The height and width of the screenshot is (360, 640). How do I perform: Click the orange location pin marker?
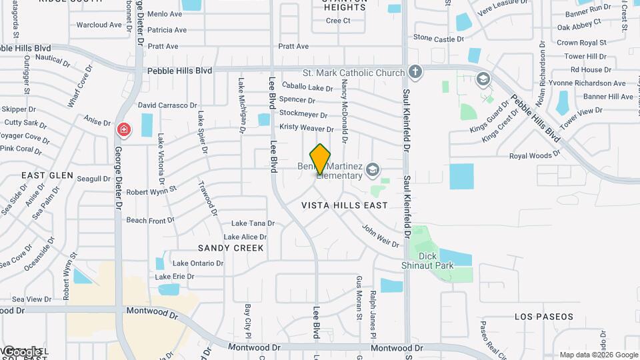[320, 159]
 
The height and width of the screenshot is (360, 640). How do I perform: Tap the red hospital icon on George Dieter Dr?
[123, 129]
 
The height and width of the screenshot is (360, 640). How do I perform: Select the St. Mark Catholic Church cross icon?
[415, 72]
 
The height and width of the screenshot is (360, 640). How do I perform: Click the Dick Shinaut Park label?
[437, 261]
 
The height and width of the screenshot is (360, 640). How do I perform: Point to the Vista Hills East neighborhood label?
[344, 205]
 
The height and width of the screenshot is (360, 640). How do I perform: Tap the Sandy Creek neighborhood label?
[231, 247]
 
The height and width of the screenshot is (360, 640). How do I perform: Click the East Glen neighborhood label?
[47, 175]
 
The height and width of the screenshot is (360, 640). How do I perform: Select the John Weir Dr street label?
[380, 235]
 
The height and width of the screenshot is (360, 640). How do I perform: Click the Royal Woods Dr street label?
[535, 155]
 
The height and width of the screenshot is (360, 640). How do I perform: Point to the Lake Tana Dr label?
[253, 223]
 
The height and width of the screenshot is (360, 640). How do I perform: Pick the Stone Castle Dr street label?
[439, 39]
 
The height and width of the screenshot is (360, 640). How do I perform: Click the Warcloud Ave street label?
[99, 25]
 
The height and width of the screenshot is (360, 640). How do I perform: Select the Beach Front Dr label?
[146, 220]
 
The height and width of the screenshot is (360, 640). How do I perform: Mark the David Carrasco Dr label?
[167, 105]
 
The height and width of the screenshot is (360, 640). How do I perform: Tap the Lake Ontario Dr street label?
[198, 263]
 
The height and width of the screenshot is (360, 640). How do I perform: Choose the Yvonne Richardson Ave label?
[591, 83]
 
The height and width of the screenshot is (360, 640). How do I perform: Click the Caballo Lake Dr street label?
[307, 87]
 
